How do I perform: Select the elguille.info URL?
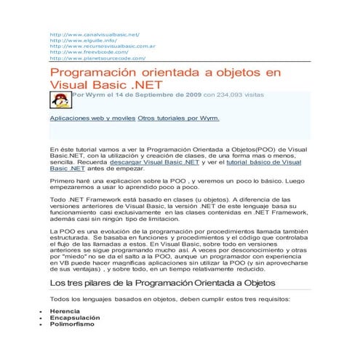point(81,41)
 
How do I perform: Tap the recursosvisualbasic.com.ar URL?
point(101,47)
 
